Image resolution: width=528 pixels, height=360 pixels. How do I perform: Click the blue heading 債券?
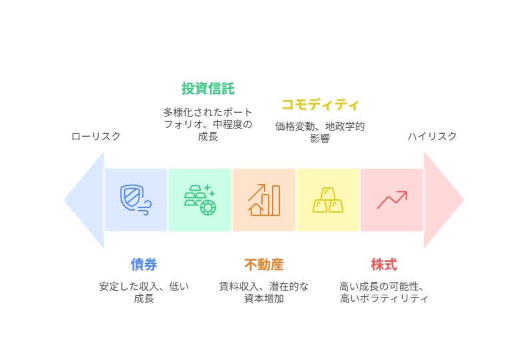144,265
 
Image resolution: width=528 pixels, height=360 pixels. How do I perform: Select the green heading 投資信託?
208,89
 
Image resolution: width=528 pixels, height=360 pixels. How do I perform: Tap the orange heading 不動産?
264,265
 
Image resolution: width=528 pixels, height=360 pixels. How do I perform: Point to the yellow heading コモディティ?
320,105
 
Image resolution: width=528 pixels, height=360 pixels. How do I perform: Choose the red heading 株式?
384,265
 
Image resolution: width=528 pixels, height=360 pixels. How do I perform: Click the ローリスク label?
96,137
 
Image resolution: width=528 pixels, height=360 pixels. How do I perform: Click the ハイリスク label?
432,137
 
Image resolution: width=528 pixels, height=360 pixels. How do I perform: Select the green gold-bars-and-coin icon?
200,200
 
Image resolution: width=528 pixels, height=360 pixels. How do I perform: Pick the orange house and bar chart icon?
264,200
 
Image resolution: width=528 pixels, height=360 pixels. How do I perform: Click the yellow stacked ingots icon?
328,200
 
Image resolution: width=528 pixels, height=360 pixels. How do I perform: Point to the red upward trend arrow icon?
392,200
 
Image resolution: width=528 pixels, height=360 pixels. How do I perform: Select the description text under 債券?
144,292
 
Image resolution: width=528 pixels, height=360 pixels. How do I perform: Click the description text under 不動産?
264,292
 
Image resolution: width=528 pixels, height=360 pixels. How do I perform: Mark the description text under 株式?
384,292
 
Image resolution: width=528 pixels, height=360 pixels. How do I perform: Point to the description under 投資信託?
208,124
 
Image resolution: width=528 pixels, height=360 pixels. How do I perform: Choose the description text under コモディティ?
320,132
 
